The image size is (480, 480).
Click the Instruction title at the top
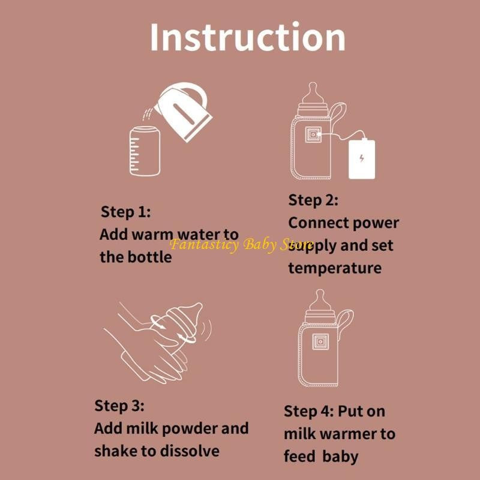247,37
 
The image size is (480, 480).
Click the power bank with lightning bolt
362,158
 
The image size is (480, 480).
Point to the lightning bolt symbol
361,158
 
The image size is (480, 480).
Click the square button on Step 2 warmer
312,136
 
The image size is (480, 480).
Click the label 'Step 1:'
125,212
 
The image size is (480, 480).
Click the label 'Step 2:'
313,200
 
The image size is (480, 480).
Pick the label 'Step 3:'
119,406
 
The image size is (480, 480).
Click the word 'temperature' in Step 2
334,268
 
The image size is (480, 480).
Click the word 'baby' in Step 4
340,456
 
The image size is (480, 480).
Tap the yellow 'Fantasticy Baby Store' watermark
241,245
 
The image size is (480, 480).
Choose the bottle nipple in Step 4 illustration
320,298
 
